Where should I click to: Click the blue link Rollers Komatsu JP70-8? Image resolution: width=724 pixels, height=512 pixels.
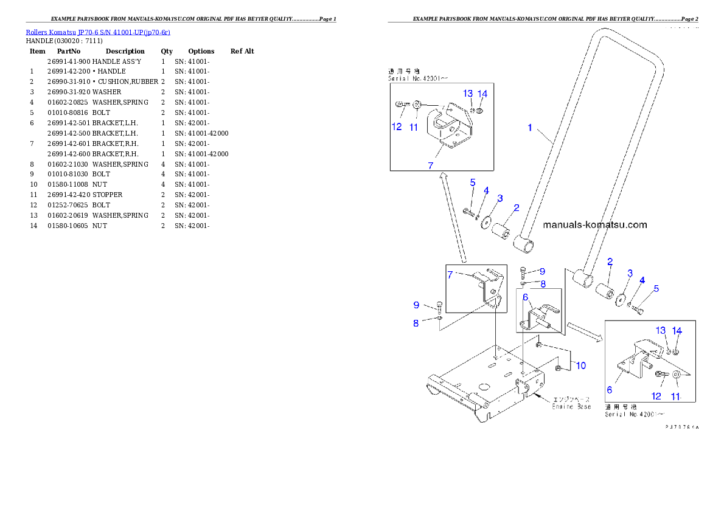[x=97, y=32]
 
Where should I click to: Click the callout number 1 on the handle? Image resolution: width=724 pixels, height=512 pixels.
[x=530, y=128]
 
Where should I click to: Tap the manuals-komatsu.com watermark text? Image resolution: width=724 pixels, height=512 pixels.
[x=594, y=225]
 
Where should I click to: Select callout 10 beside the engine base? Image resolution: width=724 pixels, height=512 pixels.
[x=581, y=365]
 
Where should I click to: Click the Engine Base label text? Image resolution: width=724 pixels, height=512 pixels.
[x=571, y=406]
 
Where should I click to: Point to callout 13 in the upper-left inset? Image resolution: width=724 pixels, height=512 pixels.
[x=467, y=94]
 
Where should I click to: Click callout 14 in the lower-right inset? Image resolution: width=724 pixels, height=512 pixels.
[x=677, y=331]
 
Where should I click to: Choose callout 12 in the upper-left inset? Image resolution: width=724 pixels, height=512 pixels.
[x=397, y=127]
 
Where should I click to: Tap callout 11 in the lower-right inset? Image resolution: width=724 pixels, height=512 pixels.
[x=676, y=396]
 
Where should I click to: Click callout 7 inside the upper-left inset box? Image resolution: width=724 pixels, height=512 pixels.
[x=430, y=165]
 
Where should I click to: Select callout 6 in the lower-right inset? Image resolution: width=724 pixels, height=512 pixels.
[x=609, y=390]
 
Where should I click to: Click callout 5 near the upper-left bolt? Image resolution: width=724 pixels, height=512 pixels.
[x=472, y=182]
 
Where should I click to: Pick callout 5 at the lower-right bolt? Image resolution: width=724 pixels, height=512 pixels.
[x=656, y=289]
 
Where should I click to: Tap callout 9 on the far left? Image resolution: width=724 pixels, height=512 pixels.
[x=416, y=305]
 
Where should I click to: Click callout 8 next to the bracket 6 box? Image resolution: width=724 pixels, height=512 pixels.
[x=543, y=283]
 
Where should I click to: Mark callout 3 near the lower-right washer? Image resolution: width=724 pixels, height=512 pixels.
[x=630, y=273]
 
